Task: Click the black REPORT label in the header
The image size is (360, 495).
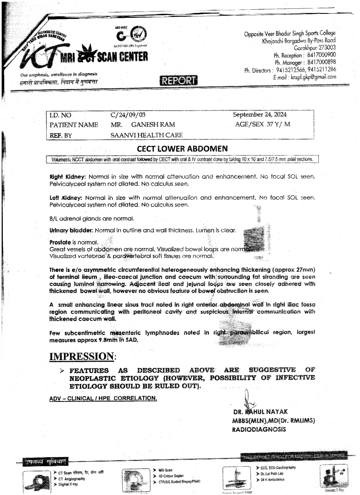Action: click(179, 81)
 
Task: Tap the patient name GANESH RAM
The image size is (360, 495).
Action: click(153, 125)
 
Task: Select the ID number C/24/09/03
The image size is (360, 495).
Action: click(128, 115)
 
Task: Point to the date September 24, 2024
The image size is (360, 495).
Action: click(259, 114)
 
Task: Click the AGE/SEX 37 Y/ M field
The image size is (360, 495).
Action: click(263, 124)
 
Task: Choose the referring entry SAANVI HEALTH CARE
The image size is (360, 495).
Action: click(146, 135)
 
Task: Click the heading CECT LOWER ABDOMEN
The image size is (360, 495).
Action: click(182, 149)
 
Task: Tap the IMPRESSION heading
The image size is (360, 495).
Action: click(82, 356)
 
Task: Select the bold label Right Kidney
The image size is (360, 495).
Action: click(67, 177)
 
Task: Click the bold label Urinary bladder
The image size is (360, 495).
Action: click(71, 230)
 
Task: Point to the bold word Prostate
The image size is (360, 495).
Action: click(60, 242)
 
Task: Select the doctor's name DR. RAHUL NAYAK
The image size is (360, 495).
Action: click(261, 412)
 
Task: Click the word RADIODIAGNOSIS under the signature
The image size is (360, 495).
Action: click(259, 429)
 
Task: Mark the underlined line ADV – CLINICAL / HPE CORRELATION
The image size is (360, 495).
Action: click(103, 398)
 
